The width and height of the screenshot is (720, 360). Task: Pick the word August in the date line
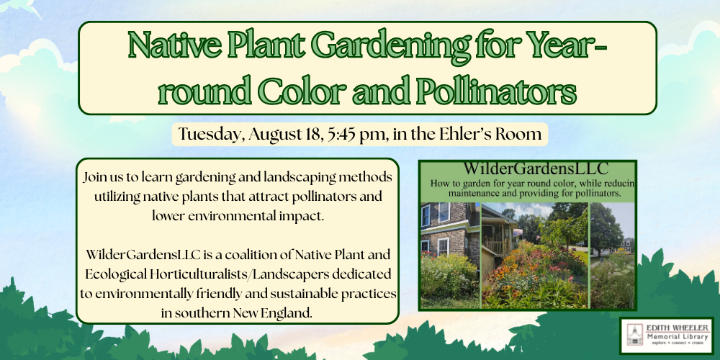(x=272, y=135)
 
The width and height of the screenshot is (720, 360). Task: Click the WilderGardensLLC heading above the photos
(x=536, y=168)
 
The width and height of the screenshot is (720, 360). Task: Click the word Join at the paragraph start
(x=94, y=177)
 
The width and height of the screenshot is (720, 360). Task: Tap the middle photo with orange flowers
(x=535, y=256)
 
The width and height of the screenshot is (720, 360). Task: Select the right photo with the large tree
(x=612, y=256)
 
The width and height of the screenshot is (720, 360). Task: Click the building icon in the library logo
(x=635, y=335)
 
